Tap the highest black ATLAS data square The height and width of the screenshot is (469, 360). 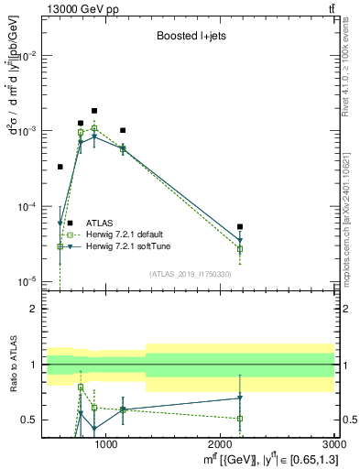coord(94,111)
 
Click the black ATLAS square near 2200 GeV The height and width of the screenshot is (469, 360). coord(240,226)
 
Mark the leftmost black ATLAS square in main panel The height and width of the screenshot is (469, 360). coord(60,167)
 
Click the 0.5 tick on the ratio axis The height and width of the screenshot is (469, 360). coord(35,420)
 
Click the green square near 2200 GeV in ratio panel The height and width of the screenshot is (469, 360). coord(240,418)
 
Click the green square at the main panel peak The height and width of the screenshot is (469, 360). coord(94,129)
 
